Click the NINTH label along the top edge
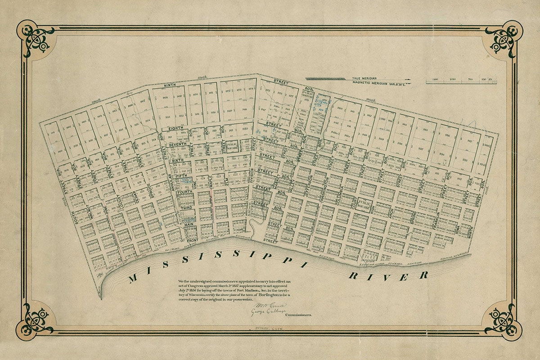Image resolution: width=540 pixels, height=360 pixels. [x=169, y=85]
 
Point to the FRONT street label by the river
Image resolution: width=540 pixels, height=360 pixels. [x=193, y=240]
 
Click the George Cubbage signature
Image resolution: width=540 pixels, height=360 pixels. [x=268, y=312]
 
